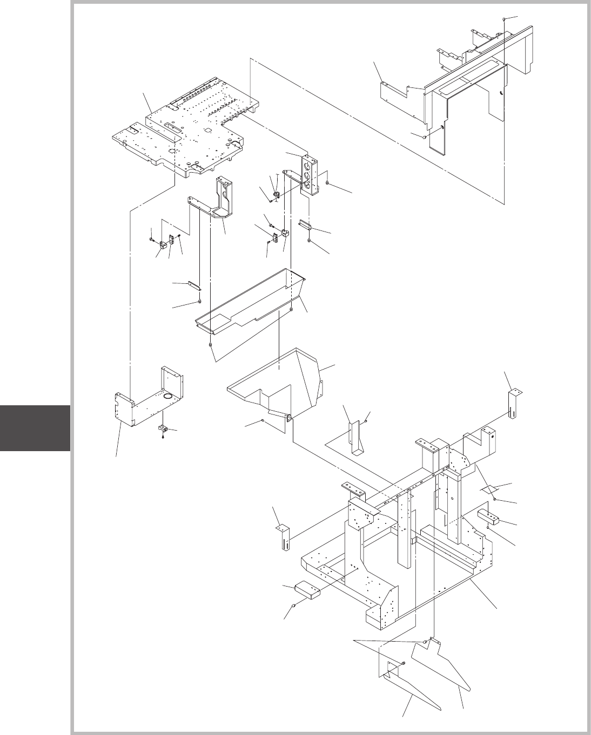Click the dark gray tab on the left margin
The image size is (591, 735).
pyautogui.click(x=35, y=427)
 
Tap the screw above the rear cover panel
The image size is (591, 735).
pyautogui.click(x=503, y=19)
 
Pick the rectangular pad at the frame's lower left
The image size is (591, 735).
pyautogui.click(x=307, y=591)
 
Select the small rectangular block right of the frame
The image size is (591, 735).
pyautogui.click(x=488, y=516)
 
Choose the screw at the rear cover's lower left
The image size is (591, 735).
pyautogui.click(x=424, y=137)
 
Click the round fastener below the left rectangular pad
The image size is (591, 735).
pyautogui.click(x=294, y=606)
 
